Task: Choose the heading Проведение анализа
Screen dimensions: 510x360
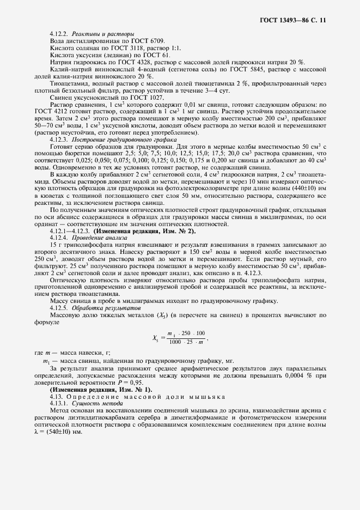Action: coord(100,238)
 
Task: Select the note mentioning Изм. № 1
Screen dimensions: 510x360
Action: coord(101,388)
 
